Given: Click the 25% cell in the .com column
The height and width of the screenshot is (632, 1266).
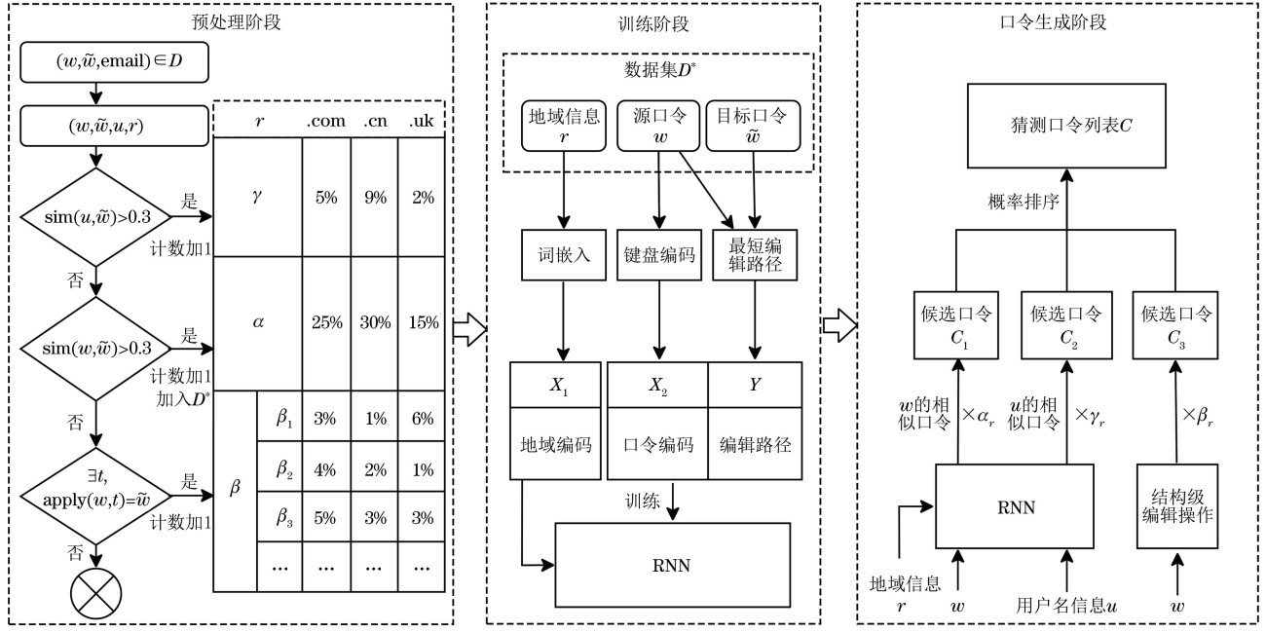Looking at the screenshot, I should (325, 319).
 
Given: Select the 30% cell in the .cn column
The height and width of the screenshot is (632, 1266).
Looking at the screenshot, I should (374, 319).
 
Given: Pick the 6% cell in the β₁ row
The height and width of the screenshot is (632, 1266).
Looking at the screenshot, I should (422, 419).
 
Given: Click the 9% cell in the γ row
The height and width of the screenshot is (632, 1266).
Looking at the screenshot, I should (374, 197).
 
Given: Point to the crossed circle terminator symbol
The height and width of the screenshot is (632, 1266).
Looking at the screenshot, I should (94, 592).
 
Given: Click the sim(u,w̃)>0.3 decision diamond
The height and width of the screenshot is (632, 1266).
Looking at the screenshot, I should (94, 216).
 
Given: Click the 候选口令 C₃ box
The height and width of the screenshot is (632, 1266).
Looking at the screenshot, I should (1177, 325).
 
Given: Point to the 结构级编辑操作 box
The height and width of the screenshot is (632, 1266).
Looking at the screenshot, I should (1177, 506).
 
